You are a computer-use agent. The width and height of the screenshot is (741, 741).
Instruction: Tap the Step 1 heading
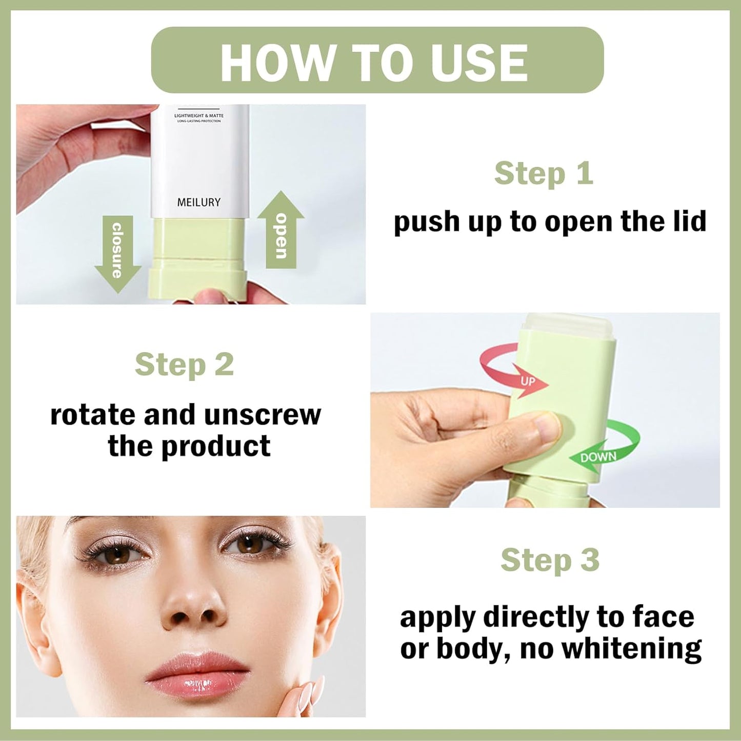[x=544, y=173]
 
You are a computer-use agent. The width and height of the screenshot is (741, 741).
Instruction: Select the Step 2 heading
[x=184, y=365]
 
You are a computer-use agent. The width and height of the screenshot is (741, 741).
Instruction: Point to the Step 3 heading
[x=550, y=559]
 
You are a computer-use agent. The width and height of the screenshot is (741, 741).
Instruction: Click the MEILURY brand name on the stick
[x=198, y=203]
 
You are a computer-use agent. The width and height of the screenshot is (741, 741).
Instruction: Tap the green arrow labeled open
[x=281, y=231]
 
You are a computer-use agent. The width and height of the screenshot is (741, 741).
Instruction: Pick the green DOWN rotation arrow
[x=605, y=451]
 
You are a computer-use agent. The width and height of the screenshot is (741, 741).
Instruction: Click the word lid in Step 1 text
[x=689, y=222]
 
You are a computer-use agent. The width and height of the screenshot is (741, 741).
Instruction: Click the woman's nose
[x=193, y=605]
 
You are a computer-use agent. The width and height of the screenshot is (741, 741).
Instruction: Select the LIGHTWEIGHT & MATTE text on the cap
[x=198, y=116]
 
